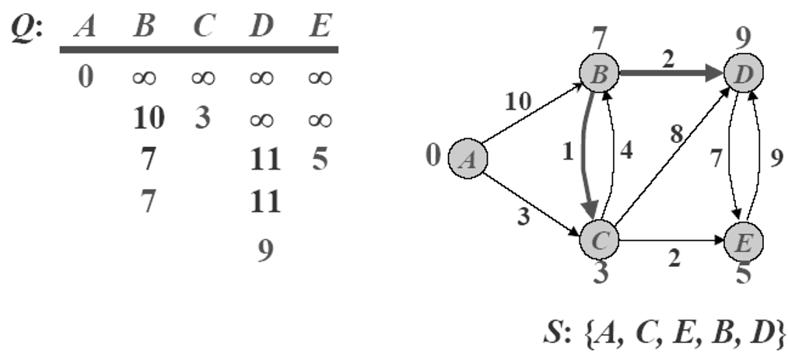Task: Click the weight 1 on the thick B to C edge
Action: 567,152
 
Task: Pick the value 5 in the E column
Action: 319,160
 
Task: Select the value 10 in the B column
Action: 149,118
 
